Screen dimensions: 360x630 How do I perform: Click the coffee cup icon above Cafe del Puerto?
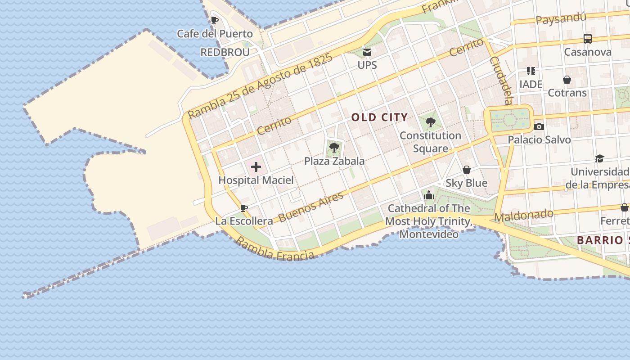tap(215, 20)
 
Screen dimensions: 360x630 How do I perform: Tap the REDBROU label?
tap(225, 52)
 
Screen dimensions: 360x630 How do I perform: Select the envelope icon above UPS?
tap(367, 52)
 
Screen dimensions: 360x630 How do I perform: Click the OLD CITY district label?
tap(379, 117)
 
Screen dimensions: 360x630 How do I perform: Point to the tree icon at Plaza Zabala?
tap(334, 148)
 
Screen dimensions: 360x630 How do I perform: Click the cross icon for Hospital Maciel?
tap(256, 167)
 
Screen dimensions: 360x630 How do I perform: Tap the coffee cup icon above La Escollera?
tap(243, 208)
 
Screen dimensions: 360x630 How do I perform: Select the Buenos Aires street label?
tap(311, 207)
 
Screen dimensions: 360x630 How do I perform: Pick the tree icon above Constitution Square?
tap(430, 121)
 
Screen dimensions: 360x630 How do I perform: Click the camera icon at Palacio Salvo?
tap(539, 126)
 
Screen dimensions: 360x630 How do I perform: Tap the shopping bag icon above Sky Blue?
tap(467, 170)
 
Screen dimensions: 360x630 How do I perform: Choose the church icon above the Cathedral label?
tap(428, 195)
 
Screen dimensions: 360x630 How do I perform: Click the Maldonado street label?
tap(524, 216)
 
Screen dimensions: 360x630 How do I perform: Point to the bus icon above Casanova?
tap(588, 39)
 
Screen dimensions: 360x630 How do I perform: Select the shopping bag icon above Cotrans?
tap(567, 80)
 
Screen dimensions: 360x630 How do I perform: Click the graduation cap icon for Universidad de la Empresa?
tap(599, 158)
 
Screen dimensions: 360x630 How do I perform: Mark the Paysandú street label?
tap(561, 19)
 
